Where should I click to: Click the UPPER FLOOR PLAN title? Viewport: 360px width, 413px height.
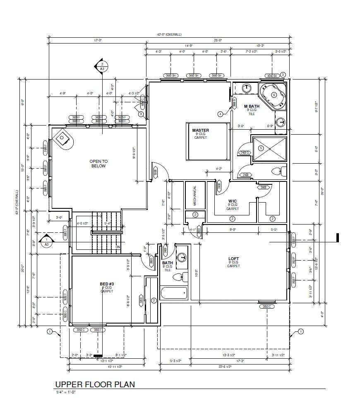pos(95,384)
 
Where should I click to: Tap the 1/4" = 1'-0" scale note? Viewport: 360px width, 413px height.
pos(66,392)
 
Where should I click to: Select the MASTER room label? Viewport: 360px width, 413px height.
pos(200,130)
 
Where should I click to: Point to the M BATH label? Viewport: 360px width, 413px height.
pos(251,106)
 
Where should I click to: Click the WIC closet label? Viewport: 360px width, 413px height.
pos(232,201)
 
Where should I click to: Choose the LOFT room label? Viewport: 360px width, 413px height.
pos(233,259)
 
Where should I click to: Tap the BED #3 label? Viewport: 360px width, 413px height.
pos(106,284)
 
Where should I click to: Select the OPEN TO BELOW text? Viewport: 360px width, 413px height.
pos(98,164)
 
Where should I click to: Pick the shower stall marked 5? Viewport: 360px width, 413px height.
pos(269,148)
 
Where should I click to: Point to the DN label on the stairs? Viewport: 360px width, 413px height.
pos(118,247)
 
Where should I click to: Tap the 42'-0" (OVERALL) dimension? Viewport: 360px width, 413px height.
pos(169,34)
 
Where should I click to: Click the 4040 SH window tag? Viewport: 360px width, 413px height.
pos(271,75)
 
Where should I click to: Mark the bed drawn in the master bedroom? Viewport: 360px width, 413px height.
pos(208,141)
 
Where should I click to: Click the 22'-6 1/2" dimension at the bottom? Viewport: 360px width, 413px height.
pos(226,366)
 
